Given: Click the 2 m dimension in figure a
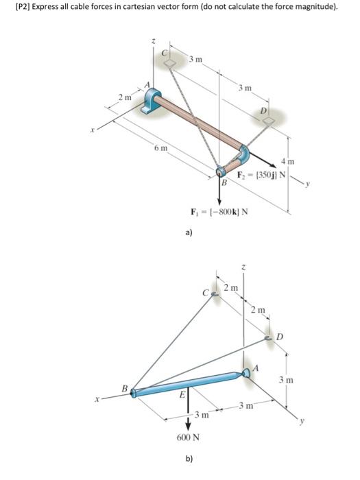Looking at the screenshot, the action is (123, 97).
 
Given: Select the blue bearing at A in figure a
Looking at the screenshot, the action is (151, 101).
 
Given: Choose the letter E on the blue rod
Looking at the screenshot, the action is (182, 396).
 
